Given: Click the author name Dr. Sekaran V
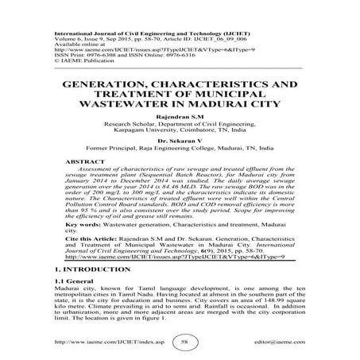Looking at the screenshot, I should click(x=179, y=140).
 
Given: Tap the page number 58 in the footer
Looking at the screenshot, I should click(x=183, y=342).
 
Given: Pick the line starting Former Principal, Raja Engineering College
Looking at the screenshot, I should click(x=179, y=149).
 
